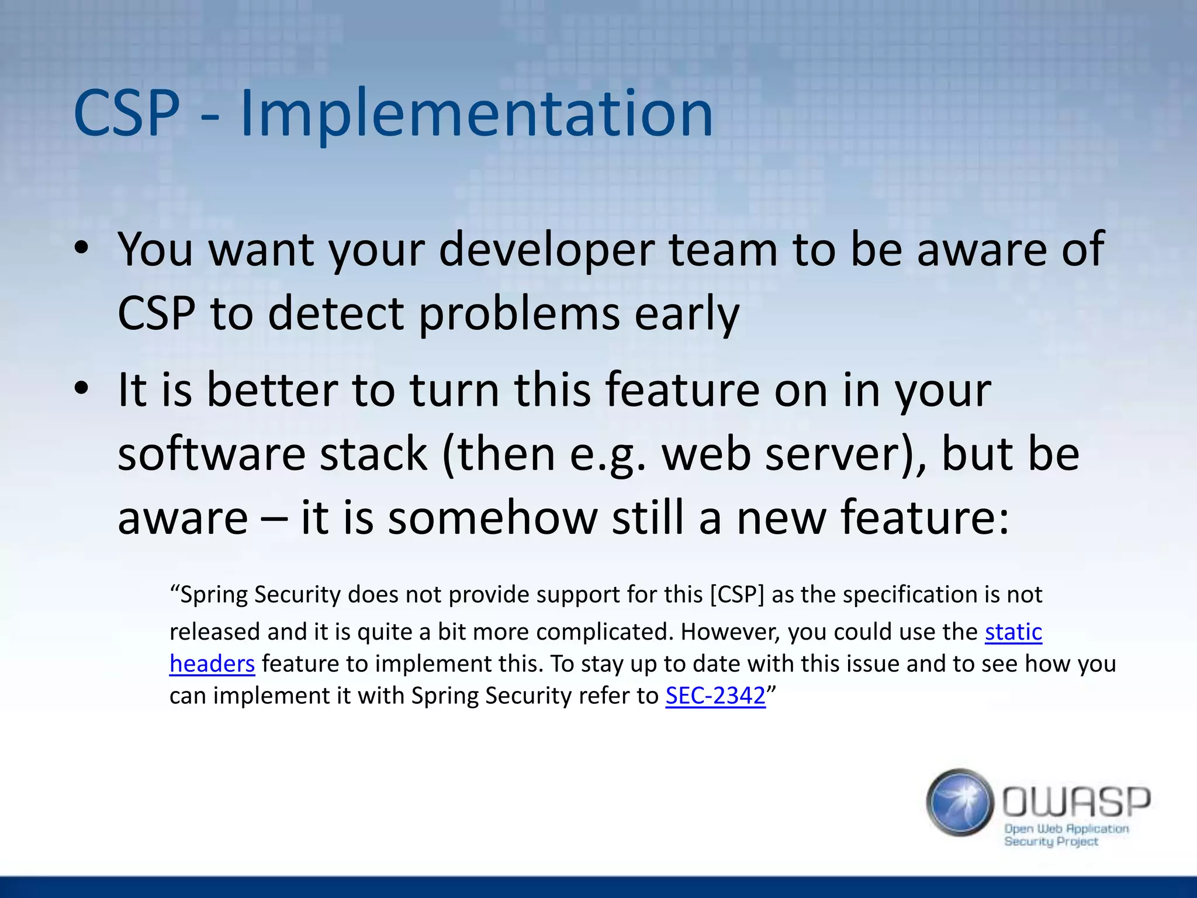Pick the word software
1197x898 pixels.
click(x=212, y=455)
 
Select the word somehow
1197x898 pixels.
click(x=493, y=519)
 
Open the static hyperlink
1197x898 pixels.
click(x=1013, y=632)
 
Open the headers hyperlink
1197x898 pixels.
click(x=212, y=664)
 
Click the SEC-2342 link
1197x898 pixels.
click(x=715, y=696)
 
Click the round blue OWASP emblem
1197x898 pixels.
click(x=960, y=802)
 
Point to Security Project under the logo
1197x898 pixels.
click(x=1050, y=842)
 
